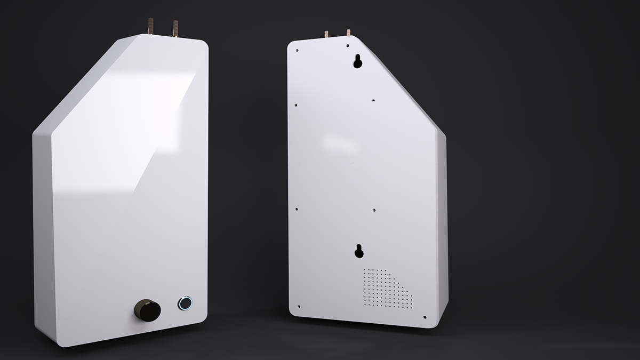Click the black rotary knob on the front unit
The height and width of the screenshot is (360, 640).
(x=147, y=309)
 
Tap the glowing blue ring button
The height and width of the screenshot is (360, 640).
(x=185, y=303)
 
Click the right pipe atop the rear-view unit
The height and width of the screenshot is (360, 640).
(x=348, y=33)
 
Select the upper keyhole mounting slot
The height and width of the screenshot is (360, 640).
(x=357, y=62)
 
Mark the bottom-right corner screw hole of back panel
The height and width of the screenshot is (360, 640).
(x=425, y=317)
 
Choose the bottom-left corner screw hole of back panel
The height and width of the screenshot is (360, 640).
(x=298, y=307)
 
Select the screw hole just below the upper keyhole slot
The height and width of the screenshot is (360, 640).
(x=373, y=100)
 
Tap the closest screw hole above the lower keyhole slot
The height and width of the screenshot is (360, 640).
(x=374, y=211)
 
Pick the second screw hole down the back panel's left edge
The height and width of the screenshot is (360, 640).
(x=297, y=105)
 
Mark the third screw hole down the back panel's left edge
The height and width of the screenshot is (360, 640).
(x=297, y=209)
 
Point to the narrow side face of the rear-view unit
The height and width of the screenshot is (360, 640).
(x=442, y=224)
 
